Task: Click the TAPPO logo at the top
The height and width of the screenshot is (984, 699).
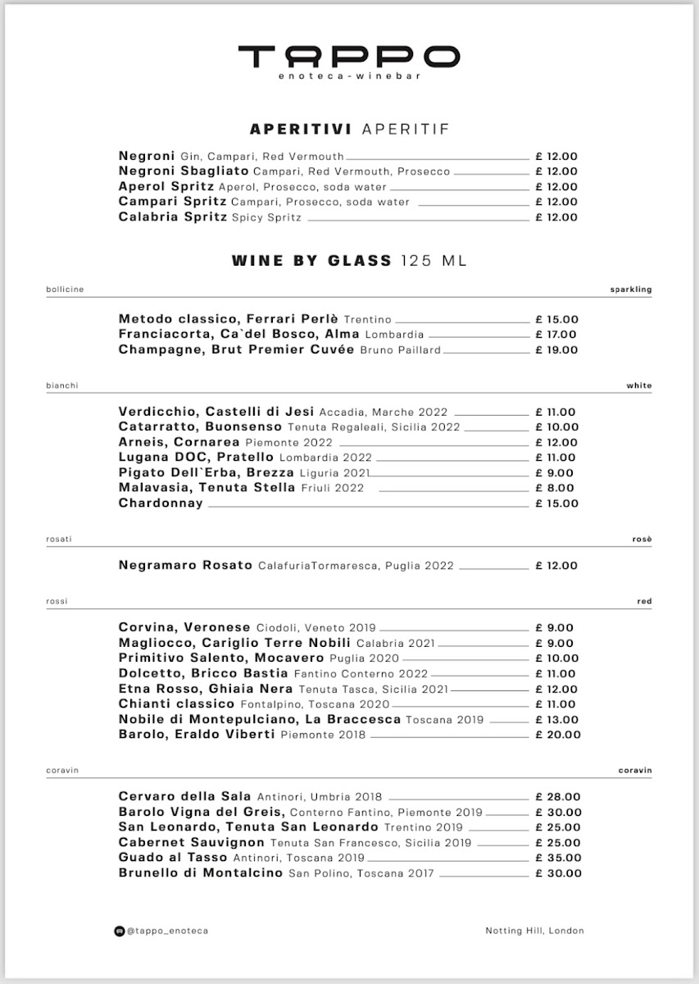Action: pos(349,57)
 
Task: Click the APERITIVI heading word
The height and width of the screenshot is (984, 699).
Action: pos(301,129)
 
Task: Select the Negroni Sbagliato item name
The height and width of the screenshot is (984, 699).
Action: pos(184,171)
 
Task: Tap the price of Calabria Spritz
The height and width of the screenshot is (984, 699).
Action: pos(556,217)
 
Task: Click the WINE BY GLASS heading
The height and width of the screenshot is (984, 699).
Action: pos(312,261)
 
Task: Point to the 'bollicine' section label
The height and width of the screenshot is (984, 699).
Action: pos(65,289)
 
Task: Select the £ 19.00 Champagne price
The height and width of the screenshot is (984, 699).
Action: pos(556,350)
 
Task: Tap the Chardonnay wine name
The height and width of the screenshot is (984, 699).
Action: pos(161,503)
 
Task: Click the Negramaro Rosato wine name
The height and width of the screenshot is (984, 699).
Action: pos(184,566)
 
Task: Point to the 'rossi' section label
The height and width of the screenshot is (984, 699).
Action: pos(57,602)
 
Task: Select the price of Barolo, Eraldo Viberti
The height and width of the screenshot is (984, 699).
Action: pos(557,735)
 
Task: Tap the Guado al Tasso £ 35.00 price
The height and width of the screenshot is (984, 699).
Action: pos(558,858)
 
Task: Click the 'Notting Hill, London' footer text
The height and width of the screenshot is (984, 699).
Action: pos(534,931)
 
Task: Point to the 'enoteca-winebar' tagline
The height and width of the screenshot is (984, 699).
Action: pos(349,76)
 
